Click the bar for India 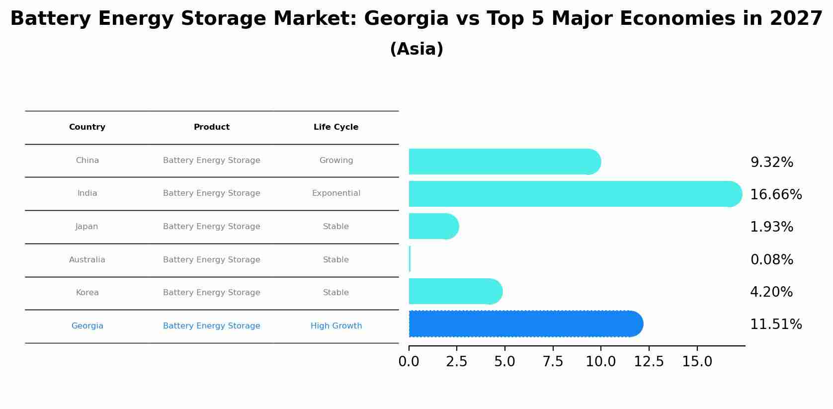pos(572,194)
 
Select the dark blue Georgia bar pos(522,324)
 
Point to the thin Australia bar pos(410,259)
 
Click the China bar pos(502,162)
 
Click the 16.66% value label pos(775,195)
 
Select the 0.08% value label pos(771,260)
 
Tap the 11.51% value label pos(775,325)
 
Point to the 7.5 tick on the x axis pos(553,362)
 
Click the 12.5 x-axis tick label pos(649,362)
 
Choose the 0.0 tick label pos(409,362)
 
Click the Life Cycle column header pos(336,127)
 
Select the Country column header pos(87,127)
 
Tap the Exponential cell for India pos(336,193)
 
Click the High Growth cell pos(336,326)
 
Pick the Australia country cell pos(87,260)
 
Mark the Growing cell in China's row pos(336,161)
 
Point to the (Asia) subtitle pos(416,49)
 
